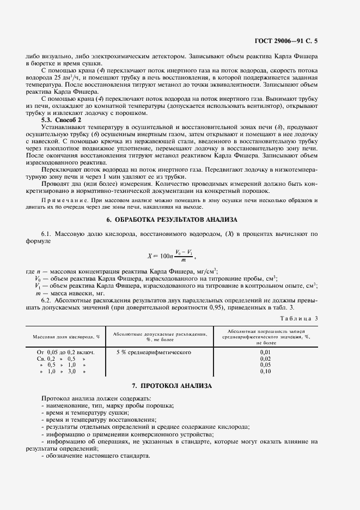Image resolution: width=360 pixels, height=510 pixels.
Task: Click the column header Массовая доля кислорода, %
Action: [66, 336]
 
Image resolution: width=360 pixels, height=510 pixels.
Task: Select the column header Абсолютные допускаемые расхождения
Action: [159, 336]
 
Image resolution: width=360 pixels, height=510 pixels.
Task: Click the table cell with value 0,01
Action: [266, 353]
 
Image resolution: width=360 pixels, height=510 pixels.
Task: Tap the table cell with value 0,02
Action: [266, 359]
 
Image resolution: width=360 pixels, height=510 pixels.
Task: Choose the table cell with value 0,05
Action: [266, 365]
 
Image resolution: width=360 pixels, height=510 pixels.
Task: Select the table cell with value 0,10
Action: [266, 372]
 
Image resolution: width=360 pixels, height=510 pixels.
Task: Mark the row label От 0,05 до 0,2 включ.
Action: [65, 353]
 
